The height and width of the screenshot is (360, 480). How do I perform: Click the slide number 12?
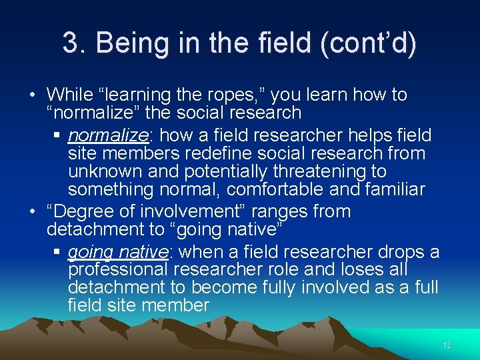click(447, 345)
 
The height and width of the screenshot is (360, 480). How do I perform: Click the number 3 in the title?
click(71, 43)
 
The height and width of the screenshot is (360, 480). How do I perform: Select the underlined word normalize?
click(107, 135)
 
